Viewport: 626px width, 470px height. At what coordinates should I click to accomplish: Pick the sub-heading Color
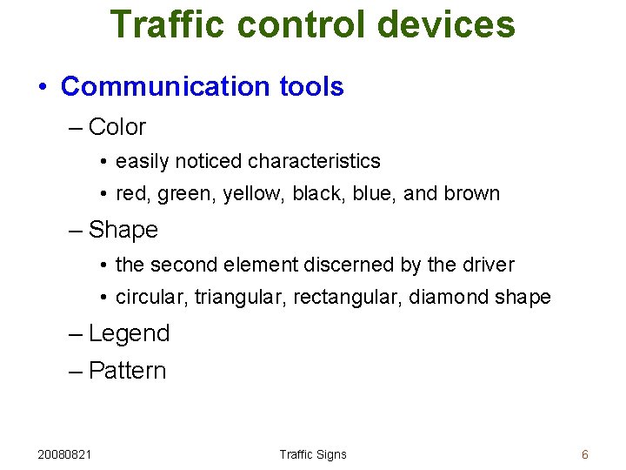(x=117, y=127)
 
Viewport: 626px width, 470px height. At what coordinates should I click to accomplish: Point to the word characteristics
(x=314, y=162)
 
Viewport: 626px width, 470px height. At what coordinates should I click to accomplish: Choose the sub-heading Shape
(x=123, y=231)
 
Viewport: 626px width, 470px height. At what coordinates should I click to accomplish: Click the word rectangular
(x=338, y=298)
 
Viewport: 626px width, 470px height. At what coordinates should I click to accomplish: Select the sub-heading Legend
(x=129, y=333)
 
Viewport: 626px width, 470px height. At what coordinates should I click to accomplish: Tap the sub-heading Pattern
(x=127, y=371)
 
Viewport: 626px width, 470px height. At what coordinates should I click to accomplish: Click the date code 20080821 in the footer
(x=66, y=454)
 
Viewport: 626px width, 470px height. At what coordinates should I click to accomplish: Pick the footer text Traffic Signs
(x=313, y=454)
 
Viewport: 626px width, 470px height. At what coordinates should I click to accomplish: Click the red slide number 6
(x=585, y=454)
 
